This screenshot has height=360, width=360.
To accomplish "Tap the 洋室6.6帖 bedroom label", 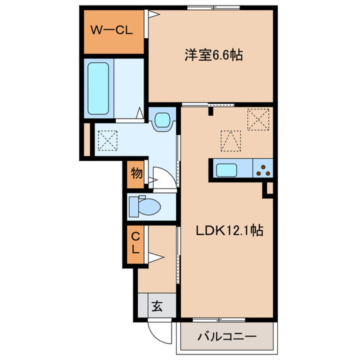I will (x=213, y=55).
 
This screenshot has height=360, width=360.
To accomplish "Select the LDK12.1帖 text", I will (x=229, y=231).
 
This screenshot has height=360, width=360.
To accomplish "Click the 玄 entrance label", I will (x=157, y=306).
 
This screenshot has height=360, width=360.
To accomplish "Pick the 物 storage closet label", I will (x=136, y=174).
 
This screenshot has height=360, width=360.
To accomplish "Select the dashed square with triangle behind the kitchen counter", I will (x=231, y=140).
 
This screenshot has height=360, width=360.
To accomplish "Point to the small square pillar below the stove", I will (x=268, y=189).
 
